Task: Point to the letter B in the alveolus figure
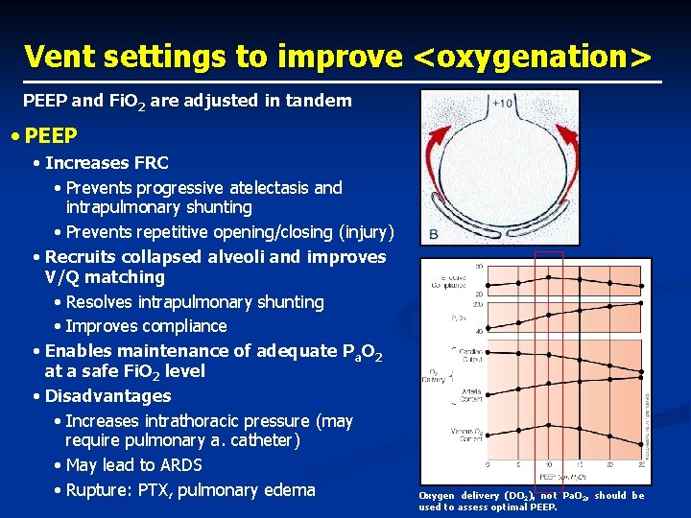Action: coord(434,234)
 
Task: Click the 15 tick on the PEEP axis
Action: coord(579,466)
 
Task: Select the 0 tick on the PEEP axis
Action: coord(488,466)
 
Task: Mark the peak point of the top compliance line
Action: coord(548,277)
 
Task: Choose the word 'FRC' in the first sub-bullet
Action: coord(148,163)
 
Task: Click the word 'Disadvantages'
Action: coord(108,396)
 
